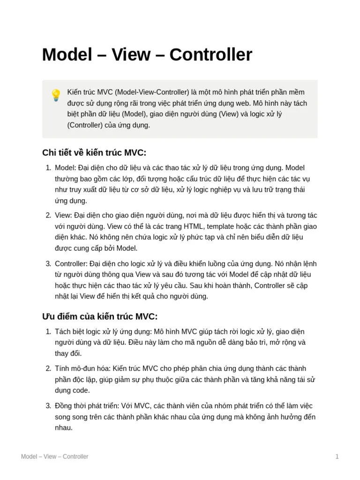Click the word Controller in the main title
pos(211,55)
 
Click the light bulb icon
pos(56,96)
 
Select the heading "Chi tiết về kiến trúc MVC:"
pos(94,153)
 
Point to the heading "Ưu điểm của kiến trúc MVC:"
pos(100,316)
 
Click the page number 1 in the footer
pos(337,457)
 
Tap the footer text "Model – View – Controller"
pos(54,457)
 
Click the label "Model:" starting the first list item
pos(66,168)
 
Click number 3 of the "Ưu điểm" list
pos(48,405)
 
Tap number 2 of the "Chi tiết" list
pos(48,215)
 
